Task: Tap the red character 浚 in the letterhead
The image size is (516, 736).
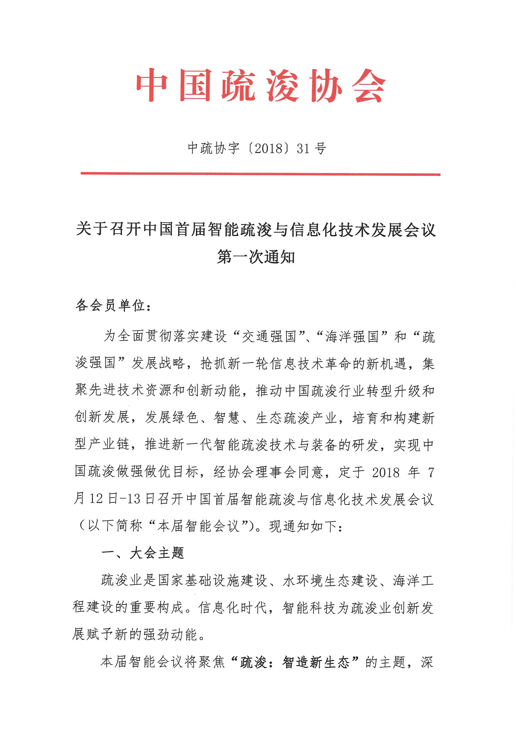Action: pyautogui.click(x=282, y=86)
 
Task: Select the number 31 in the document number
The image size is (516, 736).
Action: pyautogui.click(x=303, y=148)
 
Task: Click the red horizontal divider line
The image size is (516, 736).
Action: pyautogui.click(x=261, y=174)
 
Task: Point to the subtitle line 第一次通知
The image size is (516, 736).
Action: pyautogui.click(x=256, y=257)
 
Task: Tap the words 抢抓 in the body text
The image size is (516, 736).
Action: pyautogui.click(x=214, y=364)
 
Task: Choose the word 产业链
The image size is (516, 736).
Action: pyautogui.click(x=102, y=444)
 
